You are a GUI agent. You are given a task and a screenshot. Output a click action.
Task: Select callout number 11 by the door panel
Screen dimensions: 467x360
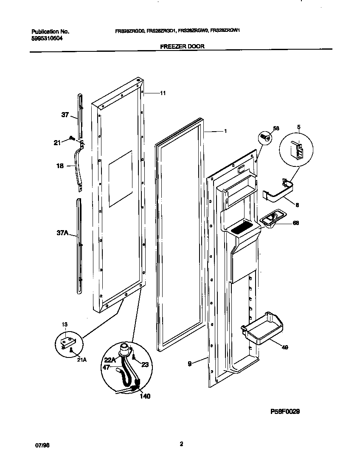(163, 93)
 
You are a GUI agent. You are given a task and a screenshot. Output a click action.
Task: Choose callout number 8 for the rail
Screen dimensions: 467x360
(297, 205)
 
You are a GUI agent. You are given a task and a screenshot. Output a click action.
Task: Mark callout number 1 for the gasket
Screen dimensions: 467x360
(225, 131)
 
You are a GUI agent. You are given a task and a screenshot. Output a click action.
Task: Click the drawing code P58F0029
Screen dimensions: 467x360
(287, 411)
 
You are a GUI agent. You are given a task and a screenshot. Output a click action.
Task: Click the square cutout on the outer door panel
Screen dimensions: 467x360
(120, 180)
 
